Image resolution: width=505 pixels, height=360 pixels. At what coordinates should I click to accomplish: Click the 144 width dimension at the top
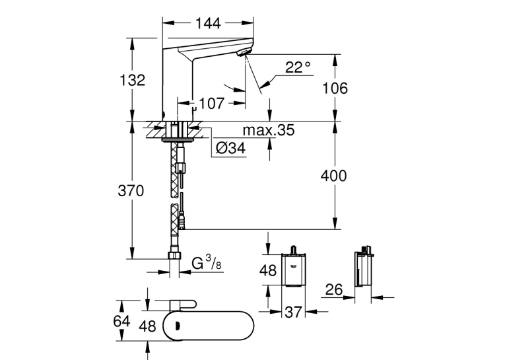click(208, 23)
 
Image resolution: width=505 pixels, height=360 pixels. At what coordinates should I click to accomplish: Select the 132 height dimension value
click(132, 80)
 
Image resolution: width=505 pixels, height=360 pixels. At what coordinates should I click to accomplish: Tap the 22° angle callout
click(298, 67)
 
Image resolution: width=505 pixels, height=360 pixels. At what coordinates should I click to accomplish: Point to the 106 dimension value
click(335, 89)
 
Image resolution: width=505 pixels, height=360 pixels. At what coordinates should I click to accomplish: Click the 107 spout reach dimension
click(211, 104)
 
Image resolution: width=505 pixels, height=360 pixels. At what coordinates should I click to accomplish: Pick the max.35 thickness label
click(268, 130)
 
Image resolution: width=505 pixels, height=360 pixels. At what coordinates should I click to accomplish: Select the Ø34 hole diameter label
click(230, 148)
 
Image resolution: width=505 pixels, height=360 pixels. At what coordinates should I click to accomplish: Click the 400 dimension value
click(333, 176)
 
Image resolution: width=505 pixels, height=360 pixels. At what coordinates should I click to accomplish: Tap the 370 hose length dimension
click(131, 191)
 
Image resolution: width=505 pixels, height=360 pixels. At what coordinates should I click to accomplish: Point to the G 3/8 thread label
click(207, 263)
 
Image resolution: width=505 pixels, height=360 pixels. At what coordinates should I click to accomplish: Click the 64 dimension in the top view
click(121, 321)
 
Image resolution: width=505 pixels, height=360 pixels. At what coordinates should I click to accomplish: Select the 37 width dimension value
click(293, 312)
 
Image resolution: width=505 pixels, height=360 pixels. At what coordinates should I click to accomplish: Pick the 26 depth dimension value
click(333, 290)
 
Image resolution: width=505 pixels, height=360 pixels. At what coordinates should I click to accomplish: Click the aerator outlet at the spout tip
click(244, 53)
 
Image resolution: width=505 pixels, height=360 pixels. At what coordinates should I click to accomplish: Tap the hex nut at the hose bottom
click(174, 256)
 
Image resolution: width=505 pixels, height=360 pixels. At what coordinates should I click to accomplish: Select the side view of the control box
click(363, 267)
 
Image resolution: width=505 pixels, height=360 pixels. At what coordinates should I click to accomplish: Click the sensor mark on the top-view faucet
click(176, 326)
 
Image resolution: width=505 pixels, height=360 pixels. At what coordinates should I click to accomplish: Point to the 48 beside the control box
click(267, 270)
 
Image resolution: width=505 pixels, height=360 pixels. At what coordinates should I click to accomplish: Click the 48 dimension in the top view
click(147, 326)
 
